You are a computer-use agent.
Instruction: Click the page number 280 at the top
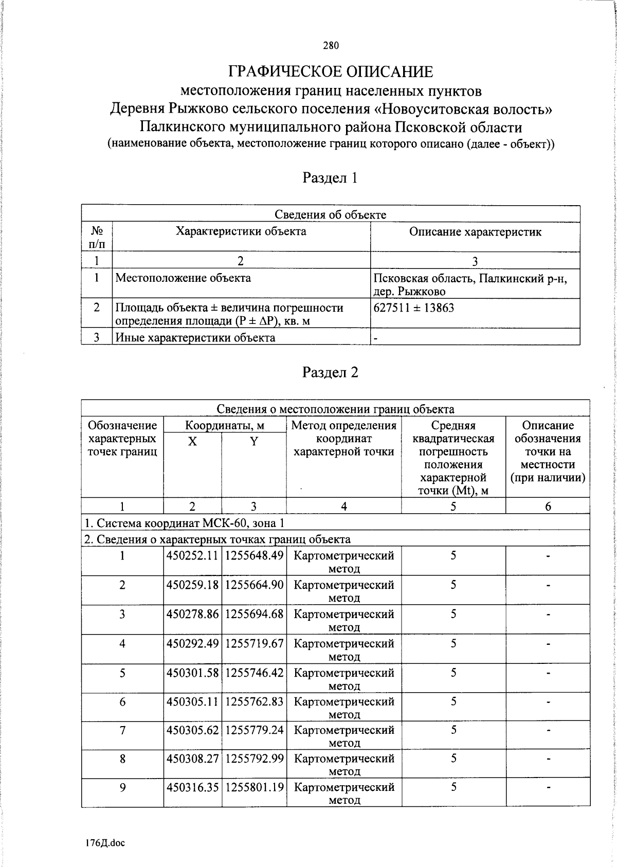331,46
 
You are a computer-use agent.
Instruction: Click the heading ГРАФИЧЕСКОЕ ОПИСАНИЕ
331,72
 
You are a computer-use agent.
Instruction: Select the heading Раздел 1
330,178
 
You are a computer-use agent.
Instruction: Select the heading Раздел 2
330,372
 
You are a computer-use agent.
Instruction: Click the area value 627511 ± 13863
414,308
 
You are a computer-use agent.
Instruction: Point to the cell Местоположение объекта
183,278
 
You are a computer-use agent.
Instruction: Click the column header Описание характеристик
475,232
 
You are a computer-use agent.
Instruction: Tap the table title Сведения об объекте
330,214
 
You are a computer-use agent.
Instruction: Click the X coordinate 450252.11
192,555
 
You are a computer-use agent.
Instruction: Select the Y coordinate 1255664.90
254,585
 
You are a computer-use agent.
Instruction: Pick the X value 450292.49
192,643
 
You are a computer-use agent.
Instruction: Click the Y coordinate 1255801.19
254,787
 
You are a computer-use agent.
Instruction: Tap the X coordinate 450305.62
192,730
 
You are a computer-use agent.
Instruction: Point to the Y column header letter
253,441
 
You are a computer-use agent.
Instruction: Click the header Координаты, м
225,425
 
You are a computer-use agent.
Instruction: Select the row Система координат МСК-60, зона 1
184,523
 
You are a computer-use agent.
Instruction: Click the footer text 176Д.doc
105,843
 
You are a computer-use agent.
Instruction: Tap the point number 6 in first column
122,701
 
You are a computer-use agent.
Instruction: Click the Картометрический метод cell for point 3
343,620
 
